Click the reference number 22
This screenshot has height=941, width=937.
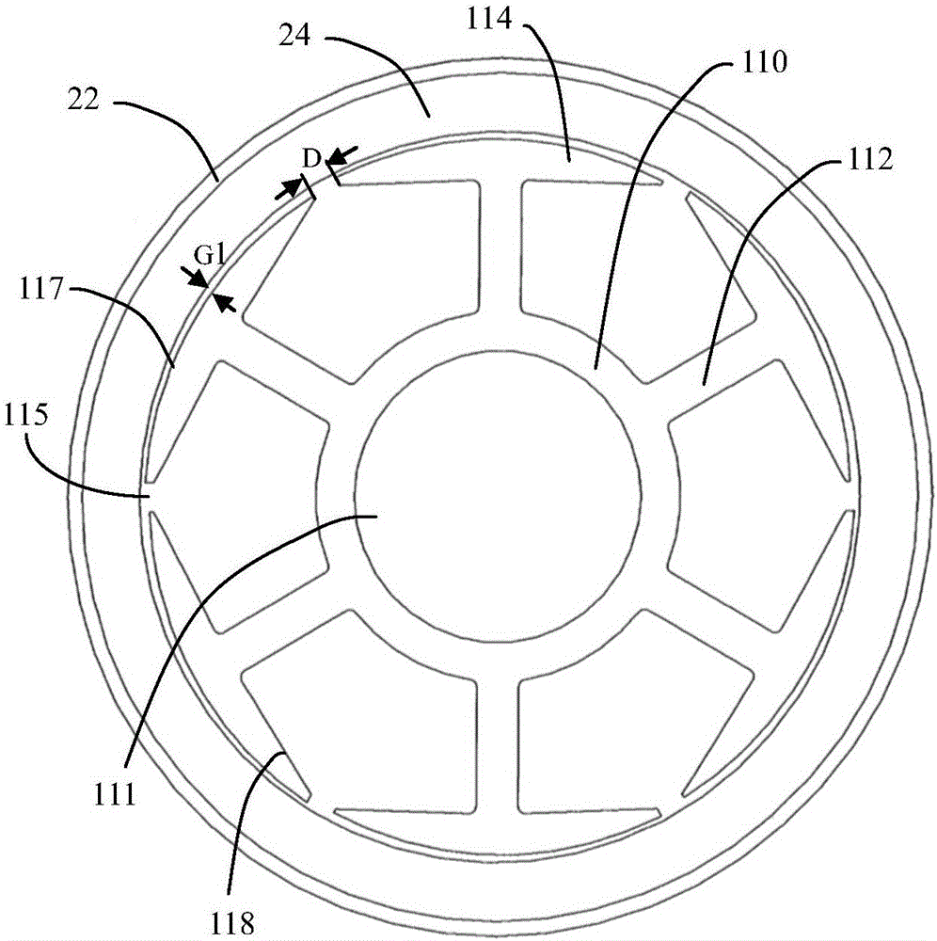83,100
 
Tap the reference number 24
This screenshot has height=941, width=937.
295,36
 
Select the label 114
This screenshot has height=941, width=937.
489,19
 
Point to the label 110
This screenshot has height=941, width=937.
764,62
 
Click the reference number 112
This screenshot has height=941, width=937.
870,159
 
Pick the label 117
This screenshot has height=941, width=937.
41,289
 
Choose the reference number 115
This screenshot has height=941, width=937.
25,415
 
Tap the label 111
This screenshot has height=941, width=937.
114,794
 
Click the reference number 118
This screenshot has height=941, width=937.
231,921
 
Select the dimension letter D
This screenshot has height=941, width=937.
311,160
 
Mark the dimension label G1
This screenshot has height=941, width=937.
210,256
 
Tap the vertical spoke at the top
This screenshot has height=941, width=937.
500,249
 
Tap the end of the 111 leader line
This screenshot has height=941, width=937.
376,516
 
